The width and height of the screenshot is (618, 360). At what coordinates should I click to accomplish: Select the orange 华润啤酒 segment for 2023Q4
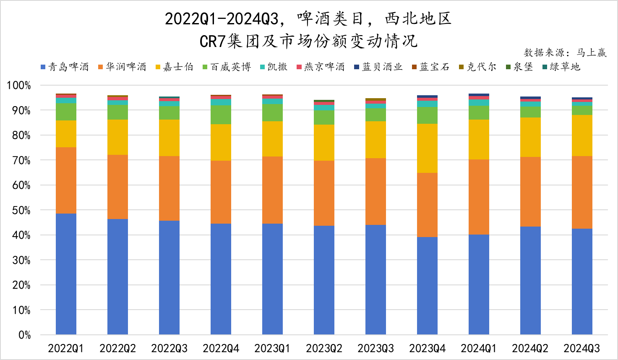pos(427,205)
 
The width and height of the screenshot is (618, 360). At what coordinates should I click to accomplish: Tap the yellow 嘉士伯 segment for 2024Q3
pos(582,136)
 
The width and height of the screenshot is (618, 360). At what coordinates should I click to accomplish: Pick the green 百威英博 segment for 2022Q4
pos(221,115)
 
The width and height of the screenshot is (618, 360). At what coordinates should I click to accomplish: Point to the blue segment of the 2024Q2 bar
pos(530,280)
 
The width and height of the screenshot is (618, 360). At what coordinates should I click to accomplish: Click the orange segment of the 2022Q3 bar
pos(169,188)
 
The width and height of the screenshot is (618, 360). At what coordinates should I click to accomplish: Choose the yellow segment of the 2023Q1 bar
pos(272,139)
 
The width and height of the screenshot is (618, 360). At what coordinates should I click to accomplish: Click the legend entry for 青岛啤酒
pos(65,67)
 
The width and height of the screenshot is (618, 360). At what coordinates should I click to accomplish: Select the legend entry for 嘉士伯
pos(174,67)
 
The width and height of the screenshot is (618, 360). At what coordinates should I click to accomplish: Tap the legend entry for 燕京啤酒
pos(321,67)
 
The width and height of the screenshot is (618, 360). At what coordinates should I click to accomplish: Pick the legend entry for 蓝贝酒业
pos(378,67)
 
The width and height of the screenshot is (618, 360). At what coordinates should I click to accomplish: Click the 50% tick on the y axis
pos(19,210)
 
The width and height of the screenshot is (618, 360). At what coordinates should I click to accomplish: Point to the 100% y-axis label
pos(19,86)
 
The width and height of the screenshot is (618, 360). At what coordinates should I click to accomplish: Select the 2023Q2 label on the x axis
pos(324,348)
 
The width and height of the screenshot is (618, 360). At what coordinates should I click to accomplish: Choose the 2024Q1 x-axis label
pos(479,348)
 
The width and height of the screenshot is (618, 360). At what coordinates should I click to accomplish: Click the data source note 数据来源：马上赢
pos(565,52)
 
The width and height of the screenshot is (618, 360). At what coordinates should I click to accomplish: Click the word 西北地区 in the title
pos(418,19)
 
